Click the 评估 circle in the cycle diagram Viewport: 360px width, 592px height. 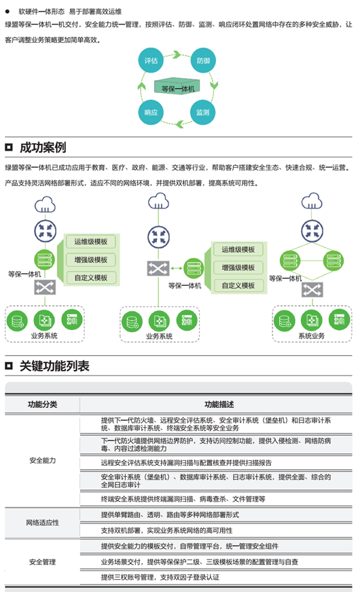point(151,60)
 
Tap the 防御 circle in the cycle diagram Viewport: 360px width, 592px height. point(203,60)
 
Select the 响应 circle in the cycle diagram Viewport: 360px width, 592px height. point(151,112)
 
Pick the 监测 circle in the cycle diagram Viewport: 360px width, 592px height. point(203,112)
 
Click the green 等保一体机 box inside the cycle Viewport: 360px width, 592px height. point(177,87)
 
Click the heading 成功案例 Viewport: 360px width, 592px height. point(43,147)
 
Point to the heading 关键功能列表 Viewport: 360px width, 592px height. point(54,366)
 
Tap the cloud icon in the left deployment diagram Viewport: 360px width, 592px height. point(45,204)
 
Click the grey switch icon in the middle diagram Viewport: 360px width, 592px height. point(158,268)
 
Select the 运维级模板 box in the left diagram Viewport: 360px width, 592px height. point(90,242)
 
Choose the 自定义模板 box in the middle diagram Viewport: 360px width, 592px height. point(238,285)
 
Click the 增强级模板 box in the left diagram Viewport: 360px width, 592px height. point(90,260)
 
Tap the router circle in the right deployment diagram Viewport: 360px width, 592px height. point(312,231)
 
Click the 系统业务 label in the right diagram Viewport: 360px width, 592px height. point(312,335)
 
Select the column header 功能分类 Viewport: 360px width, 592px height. point(42,405)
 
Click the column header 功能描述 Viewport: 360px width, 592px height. point(219,405)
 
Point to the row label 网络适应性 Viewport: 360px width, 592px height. point(42,523)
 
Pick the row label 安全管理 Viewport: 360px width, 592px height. point(42,562)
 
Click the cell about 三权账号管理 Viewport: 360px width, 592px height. point(160,577)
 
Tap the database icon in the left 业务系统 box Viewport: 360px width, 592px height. point(17,321)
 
